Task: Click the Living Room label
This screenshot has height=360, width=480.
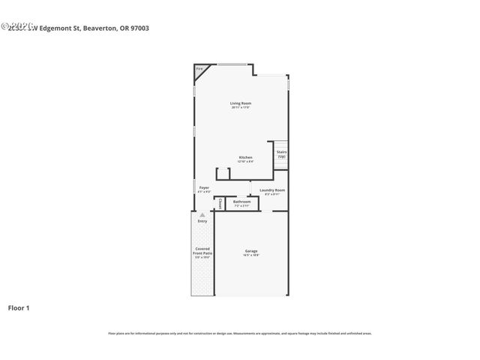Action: point(240,103)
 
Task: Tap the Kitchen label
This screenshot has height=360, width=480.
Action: point(245,157)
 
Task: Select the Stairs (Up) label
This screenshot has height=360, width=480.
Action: point(281,154)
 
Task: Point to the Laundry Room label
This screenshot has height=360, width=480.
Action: point(272,190)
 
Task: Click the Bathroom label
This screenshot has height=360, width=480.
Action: point(241,201)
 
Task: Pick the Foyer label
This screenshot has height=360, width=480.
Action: point(203,187)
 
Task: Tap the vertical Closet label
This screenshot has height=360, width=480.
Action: point(220,203)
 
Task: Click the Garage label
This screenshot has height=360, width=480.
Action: point(250,250)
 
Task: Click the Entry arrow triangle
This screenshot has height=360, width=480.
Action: point(202,215)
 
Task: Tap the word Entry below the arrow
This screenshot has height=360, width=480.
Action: point(202,221)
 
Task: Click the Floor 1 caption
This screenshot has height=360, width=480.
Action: point(19,307)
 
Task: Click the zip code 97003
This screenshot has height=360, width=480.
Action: point(139,28)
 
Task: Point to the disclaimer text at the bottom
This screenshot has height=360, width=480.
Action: point(239,333)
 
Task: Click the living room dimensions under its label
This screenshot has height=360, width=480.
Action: point(240,108)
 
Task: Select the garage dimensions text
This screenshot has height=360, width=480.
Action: point(250,256)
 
